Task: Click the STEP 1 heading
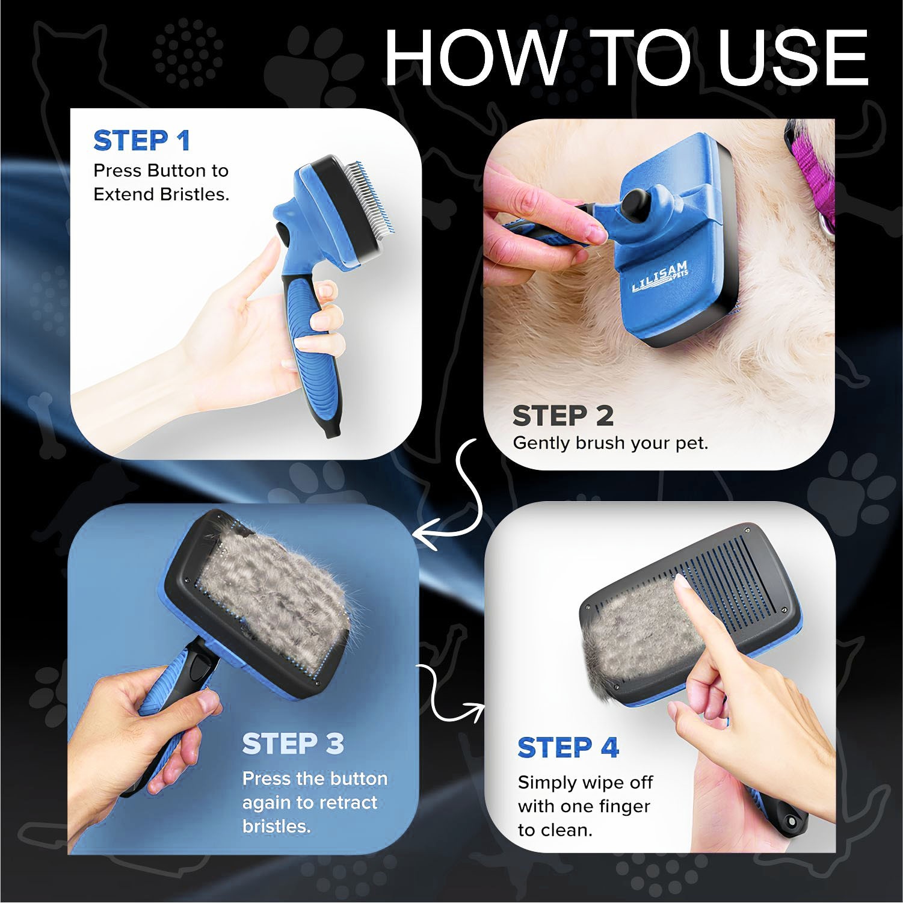(x=142, y=141)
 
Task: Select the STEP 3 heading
(x=293, y=744)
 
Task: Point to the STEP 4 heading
(x=568, y=747)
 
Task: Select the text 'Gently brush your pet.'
(x=610, y=443)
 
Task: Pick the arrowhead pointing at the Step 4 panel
(x=476, y=712)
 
